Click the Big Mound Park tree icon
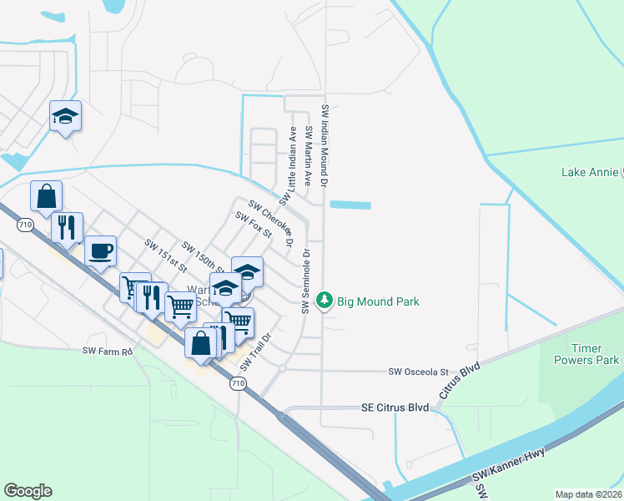click(325, 301)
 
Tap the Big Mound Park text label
click(378, 301)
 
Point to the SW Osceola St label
click(419, 372)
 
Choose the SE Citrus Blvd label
click(395, 407)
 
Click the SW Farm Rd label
click(108, 352)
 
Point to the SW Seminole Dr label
click(306, 281)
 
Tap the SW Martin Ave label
click(308, 155)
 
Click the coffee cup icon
click(100, 250)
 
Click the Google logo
click(28, 491)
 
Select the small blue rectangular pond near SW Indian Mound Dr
click(350, 205)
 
